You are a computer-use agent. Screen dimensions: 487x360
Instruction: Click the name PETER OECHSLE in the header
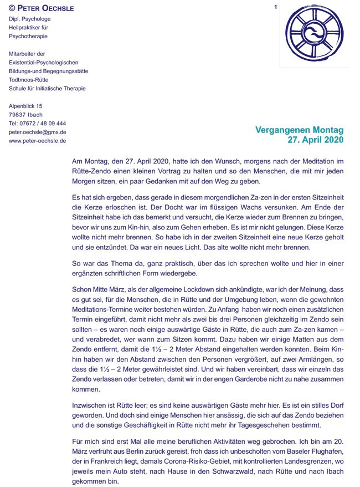pyautogui.click(x=46, y=8)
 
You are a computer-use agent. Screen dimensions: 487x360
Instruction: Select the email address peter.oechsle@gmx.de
pyautogui.click(x=38, y=132)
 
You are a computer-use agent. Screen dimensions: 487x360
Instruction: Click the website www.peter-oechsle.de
pyautogui.click(x=38, y=141)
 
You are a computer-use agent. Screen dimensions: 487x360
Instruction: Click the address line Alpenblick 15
pyautogui.click(x=25, y=105)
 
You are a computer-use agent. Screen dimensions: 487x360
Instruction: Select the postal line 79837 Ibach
pyautogui.click(x=25, y=114)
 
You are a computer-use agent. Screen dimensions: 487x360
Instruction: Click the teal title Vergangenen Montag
pyautogui.click(x=299, y=130)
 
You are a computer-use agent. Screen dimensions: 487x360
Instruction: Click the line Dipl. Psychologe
pyautogui.click(x=29, y=18)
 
